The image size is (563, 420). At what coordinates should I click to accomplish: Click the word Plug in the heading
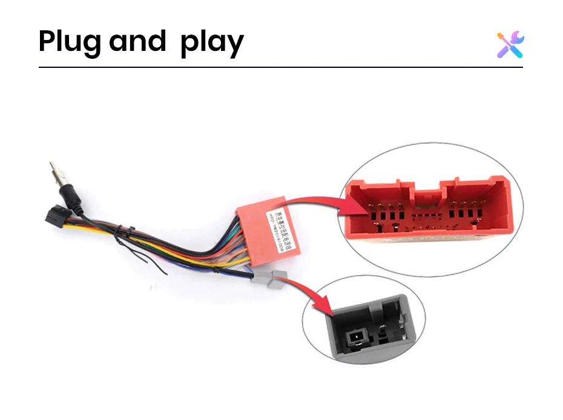click(71, 42)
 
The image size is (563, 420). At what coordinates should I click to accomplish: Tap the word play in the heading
click(212, 43)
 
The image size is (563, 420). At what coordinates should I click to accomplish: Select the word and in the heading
click(137, 41)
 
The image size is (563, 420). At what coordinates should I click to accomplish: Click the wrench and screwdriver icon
click(510, 45)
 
